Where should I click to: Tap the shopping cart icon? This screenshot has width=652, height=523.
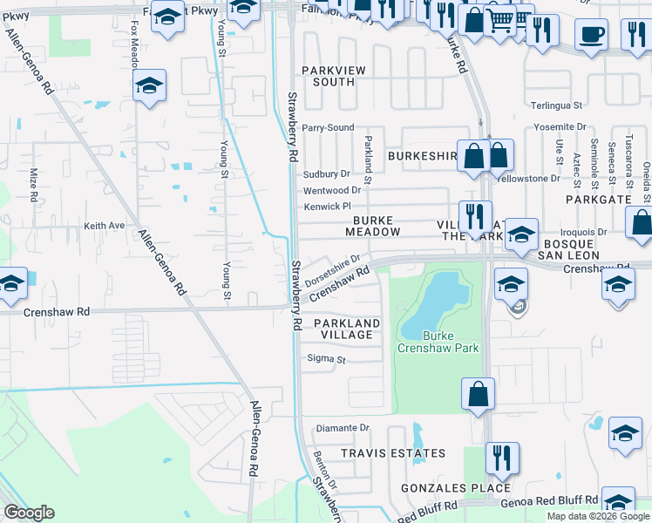499,18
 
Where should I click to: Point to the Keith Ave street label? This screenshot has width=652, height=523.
104,226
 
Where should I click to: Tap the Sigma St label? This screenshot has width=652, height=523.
327,359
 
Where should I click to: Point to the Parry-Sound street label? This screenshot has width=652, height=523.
328,127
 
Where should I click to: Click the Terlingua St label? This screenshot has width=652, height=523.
560,105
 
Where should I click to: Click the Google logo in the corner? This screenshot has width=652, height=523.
29,513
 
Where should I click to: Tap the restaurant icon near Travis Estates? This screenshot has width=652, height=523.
502,457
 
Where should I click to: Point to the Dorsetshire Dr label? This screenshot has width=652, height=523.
333,271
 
